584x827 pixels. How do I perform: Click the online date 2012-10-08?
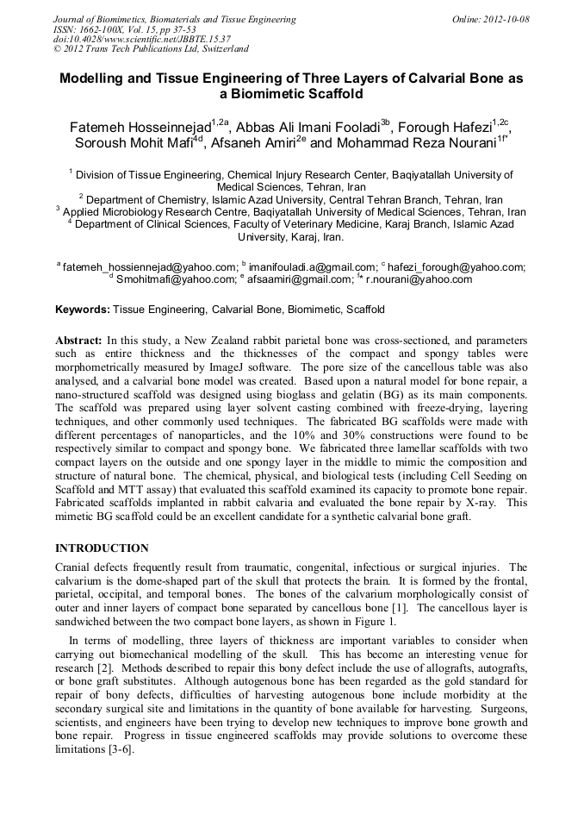502,18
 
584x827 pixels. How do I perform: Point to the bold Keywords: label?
83,309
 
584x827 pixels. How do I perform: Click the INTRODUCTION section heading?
102,548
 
